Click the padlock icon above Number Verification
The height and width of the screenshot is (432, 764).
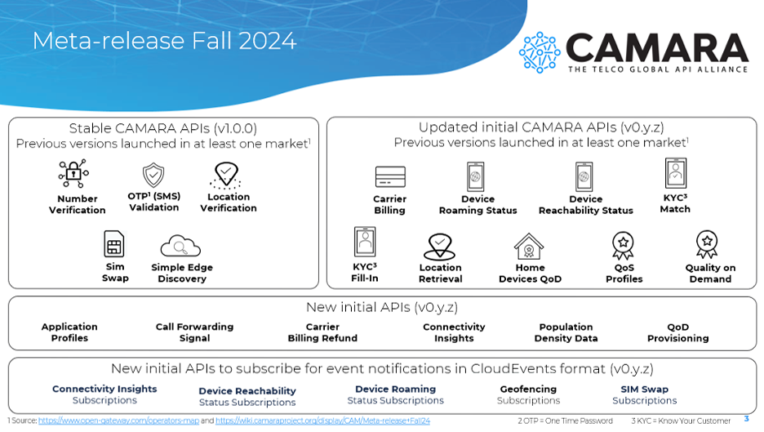coord(73,173)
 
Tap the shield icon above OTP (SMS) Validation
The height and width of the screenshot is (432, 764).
coord(153,175)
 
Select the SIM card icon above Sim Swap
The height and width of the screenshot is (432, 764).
coord(114,244)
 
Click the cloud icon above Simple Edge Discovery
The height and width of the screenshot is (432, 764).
coord(180,246)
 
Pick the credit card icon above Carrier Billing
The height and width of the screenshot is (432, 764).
coord(390,176)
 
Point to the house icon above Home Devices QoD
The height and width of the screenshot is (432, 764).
coord(529,247)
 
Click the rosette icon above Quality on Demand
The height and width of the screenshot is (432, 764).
coord(707,244)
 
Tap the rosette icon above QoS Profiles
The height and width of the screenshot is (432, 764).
coord(623,245)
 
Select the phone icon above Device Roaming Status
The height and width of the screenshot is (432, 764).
coord(476,176)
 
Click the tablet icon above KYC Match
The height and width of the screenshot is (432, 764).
coord(675,173)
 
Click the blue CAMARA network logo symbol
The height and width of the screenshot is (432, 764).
coord(540,52)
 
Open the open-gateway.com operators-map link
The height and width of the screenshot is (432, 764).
coord(118,421)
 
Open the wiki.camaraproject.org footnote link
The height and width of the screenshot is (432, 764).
coord(322,421)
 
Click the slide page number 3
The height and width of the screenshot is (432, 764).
coord(747,419)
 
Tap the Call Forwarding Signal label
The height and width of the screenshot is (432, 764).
coord(194,332)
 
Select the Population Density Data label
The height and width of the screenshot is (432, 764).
coord(566,332)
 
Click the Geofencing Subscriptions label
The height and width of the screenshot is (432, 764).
coord(528,395)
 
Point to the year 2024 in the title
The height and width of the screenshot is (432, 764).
coord(268,41)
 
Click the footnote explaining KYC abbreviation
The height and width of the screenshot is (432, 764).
coord(681,421)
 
